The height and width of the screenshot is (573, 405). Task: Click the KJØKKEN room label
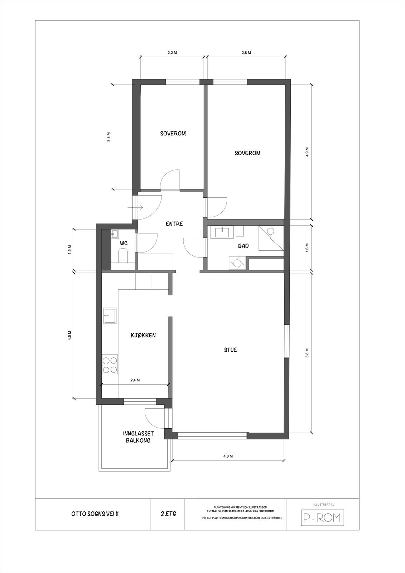[143, 336]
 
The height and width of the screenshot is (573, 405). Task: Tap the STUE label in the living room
[230, 350]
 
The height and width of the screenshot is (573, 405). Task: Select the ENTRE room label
[174, 224]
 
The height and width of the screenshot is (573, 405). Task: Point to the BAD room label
[243, 246]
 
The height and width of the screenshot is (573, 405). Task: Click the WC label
[124, 243]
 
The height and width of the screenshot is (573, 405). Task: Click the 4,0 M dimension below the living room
[228, 456]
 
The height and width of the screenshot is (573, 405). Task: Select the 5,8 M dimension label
[307, 353]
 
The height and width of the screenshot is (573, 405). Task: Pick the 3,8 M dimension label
[109, 137]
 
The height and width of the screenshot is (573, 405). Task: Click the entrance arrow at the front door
[139, 207]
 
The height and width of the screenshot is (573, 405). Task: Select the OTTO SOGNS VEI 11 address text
[95, 514]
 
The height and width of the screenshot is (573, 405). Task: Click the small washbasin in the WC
[115, 234]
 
